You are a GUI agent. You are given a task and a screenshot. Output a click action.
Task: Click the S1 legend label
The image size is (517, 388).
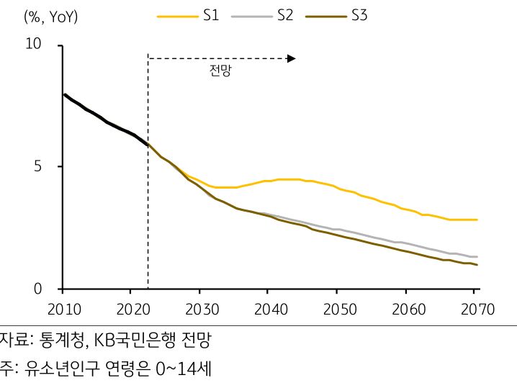click(x=211, y=14)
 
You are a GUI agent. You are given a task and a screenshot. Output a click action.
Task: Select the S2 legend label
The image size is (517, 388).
click(x=285, y=14)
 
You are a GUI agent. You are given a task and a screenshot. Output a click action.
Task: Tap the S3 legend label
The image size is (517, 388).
click(x=359, y=14)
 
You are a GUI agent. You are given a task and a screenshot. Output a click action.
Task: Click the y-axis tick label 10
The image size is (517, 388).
click(x=33, y=45)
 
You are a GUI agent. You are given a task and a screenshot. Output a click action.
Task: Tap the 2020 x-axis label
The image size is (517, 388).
click(x=130, y=310)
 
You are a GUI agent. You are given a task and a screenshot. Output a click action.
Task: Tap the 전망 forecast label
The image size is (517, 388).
click(x=220, y=72)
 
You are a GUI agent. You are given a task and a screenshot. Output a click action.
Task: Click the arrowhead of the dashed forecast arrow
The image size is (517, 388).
click(x=292, y=58)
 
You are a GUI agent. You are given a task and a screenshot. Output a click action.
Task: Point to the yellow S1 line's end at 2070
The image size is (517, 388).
click(x=477, y=220)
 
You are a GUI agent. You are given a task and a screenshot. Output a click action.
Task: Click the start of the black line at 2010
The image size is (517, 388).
click(x=64, y=94)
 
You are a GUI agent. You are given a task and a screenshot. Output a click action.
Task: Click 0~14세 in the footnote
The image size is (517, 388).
click(x=183, y=370)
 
